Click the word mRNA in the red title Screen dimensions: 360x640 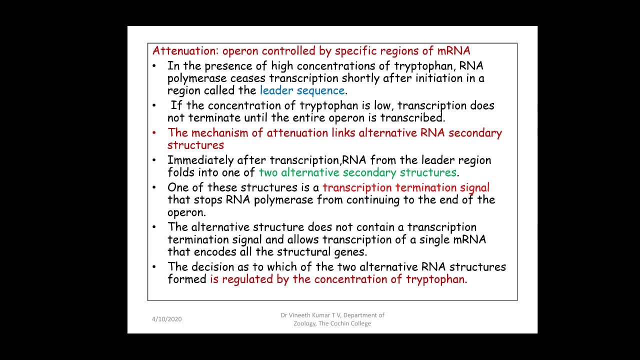tap(453, 51)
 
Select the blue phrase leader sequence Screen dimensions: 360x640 tap(302, 90)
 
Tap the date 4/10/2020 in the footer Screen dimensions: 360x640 tap(166, 319)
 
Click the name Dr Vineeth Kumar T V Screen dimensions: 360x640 tap(310, 315)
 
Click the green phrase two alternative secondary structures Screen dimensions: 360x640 tap(357, 172)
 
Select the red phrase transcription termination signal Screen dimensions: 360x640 tap(405, 187)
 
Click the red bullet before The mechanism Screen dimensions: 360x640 tap(154, 133)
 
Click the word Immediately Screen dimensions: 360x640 tap(200, 160)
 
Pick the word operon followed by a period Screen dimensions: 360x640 tap(185, 212)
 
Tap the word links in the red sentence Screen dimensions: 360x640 tap(343, 133)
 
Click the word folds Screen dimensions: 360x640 tap(181, 172)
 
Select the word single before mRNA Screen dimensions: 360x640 tap(434, 240)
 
